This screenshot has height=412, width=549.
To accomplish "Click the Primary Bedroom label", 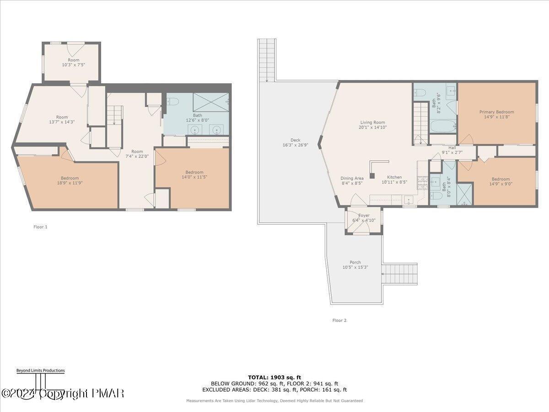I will click(x=496, y=112).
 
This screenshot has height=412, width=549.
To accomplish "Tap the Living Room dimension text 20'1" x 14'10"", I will click(x=373, y=128).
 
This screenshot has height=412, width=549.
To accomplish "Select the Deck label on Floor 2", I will click(x=295, y=141).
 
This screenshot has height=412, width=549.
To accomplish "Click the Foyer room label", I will click(x=364, y=215).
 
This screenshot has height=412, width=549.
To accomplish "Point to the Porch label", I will click(x=355, y=262).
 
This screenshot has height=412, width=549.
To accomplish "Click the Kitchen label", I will click(x=394, y=177).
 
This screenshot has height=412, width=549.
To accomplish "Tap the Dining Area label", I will click(x=352, y=178).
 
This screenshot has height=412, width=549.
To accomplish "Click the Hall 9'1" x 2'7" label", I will click(x=452, y=148).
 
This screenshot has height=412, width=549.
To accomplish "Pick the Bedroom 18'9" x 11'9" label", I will click(x=70, y=178).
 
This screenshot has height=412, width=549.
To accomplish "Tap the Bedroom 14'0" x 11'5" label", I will click(x=194, y=172).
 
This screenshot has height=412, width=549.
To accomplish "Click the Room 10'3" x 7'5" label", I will click(x=73, y=60).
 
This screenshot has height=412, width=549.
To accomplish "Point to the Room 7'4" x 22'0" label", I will click(x=137, y=152).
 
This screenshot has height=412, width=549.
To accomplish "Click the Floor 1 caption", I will click(x=40, y=227).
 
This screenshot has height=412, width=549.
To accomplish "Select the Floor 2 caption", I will click(x=339, y=320).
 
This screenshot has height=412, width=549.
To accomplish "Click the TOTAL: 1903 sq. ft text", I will click(x=274, y=377).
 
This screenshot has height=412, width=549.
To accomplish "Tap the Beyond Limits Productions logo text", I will click(x=40, y=370).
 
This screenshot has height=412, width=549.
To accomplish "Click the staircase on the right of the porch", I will click(x=400, y=274).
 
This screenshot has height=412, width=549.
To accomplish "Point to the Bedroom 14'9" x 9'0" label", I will click(x=501, y=179).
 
